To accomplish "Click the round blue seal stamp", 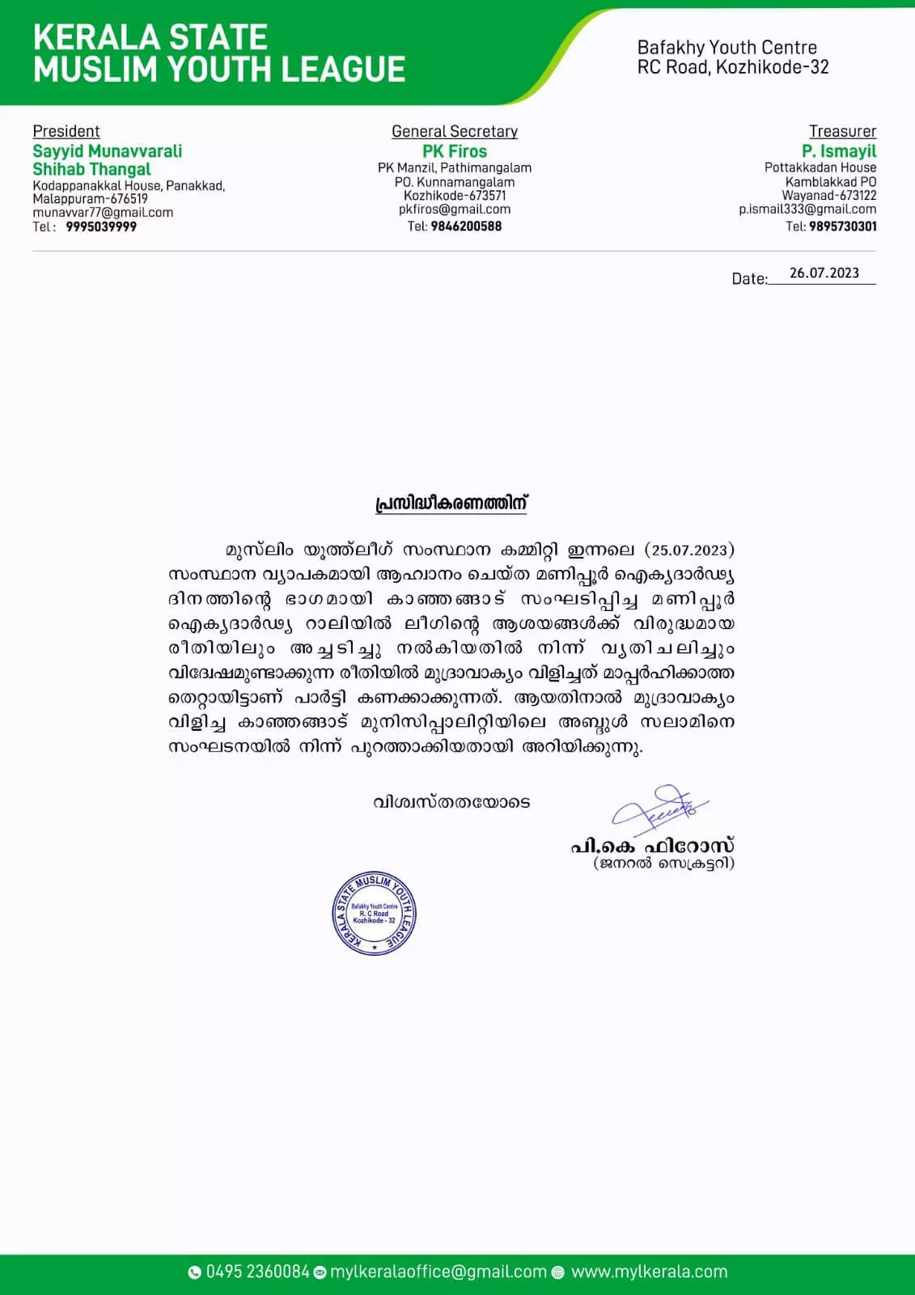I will point(375,914).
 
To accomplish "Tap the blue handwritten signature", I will point(659,809).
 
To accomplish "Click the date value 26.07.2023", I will point(824,274).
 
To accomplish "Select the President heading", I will point(66,131).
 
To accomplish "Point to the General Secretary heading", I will point(455,131).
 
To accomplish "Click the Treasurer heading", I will point(842,131).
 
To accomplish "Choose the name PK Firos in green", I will point(455,151).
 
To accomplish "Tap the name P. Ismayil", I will point(839,151).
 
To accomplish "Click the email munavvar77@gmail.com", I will point(103,213).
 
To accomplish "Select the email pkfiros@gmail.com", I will point(455,210).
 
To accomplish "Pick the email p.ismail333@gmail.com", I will point(807,210).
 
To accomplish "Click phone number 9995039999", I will point(101,227).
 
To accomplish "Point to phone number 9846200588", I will point(466,227).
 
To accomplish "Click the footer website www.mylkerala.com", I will point(649,1272).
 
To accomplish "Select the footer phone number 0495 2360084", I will point(257,1272).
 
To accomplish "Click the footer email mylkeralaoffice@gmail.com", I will point(438,1272).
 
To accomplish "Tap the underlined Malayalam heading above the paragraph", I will point(451,503).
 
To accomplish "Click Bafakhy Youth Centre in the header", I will point(726,48).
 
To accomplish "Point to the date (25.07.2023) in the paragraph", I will point(689,550).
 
